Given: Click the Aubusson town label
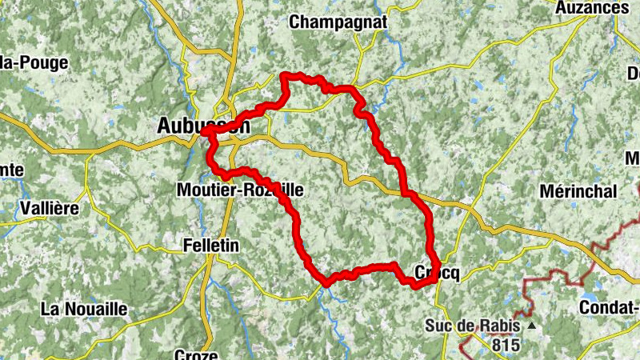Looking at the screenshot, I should point(203,126).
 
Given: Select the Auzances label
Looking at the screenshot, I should point(591,7).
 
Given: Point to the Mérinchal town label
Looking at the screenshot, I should point(578,192).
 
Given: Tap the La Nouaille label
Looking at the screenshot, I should point(84,308).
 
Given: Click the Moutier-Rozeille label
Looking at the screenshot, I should point(239,190).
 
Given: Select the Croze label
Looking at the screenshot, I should point(195,354).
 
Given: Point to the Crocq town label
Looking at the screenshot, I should point(437,273).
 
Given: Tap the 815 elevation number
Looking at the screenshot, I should point(506,346).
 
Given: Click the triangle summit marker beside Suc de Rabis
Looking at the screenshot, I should point(530,326).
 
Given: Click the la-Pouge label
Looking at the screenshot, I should point(35,62).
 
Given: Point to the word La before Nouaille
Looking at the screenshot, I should point(52,308).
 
